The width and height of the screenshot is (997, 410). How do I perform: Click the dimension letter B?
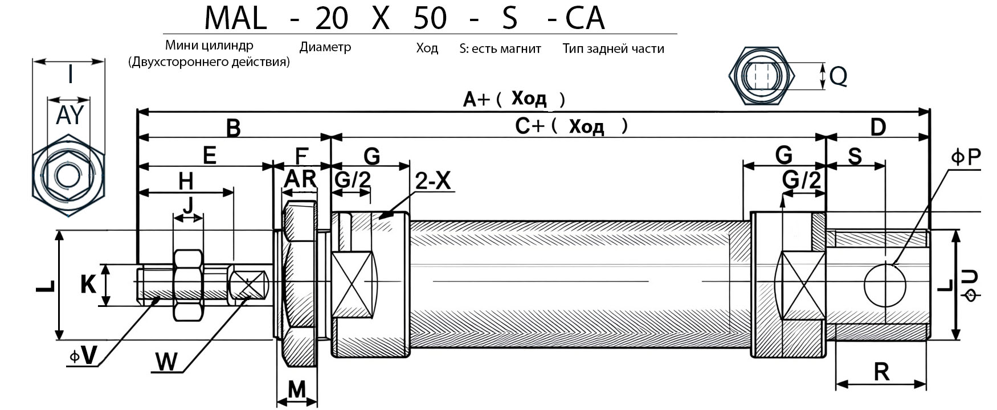[234, 128]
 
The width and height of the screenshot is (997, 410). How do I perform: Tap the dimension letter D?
[878, 127]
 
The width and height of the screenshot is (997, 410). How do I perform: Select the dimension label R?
[881, 372]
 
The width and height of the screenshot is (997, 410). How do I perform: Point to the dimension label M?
[297, 390]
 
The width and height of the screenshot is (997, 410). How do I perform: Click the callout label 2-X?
[433, 181]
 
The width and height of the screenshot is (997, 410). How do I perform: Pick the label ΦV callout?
[83, 356]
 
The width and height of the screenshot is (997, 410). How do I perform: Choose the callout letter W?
[166, 362]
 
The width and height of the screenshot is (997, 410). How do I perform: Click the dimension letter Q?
[838, 76]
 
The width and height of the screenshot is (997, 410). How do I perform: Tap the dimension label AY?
[70, 116]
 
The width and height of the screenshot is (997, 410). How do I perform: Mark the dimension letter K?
[88, 284]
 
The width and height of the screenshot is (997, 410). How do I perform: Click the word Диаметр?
[325, 47]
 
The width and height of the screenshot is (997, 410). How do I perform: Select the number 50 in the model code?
[430, 18]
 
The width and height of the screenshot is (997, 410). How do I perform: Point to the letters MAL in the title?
[235, 18]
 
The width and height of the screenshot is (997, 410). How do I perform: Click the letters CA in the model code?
[585, 18]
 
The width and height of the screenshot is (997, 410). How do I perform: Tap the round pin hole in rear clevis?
[885, 285]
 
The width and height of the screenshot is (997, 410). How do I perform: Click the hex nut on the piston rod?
[189, 285]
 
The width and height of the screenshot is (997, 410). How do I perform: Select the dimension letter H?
[186, 182]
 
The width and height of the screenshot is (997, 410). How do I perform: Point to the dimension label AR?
[300, 179]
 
